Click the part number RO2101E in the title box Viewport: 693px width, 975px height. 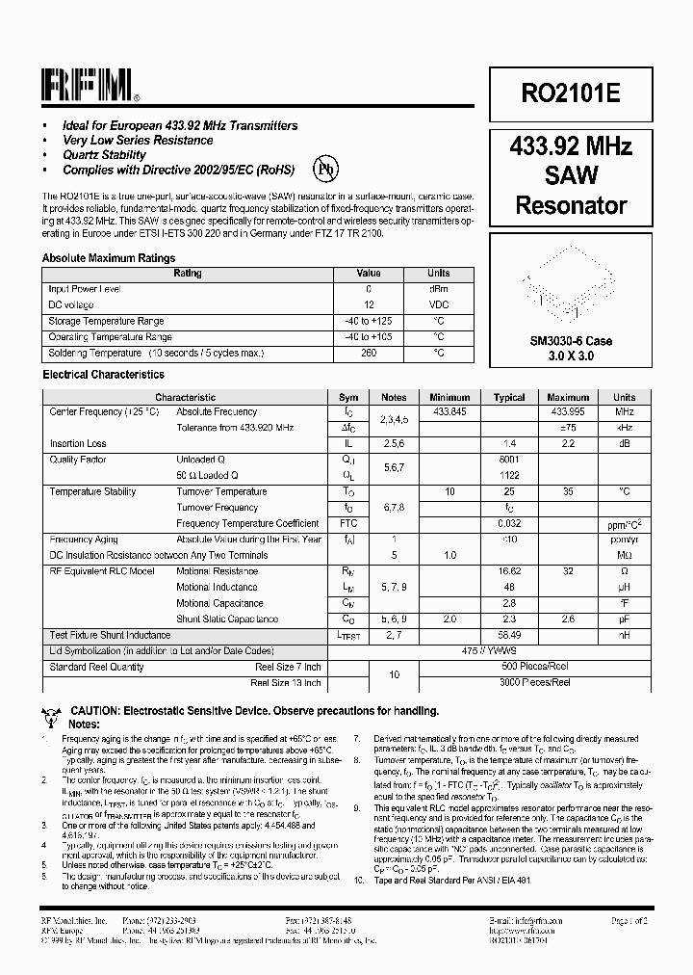click(x=571, y=93)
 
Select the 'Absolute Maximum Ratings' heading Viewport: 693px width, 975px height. click(x=109, y=258)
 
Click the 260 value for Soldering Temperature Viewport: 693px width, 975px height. click(x=369, y=353)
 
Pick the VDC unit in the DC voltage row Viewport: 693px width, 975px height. click(x=438, y=304)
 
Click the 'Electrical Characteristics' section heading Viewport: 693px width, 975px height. click(x=103, y=375)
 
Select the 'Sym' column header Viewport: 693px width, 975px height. click(x=348, y=397)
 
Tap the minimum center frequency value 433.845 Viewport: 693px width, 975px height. click(x=449, y=411)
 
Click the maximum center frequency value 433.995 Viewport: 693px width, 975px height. click(x=568, y=411)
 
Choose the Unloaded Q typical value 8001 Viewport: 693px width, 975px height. click(x=509, y=460)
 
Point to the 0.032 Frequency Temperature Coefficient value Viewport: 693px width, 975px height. click(x=509, y=523)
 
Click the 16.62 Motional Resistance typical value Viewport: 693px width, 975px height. click(x=509, y=571)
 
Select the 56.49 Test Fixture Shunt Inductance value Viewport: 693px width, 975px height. click(x=509, y=635)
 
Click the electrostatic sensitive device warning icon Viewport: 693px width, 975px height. click(x=53, y=715)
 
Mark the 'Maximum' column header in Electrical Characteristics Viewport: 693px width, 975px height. click(x=568, y=397)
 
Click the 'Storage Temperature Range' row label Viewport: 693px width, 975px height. click(x=107, y=321)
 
